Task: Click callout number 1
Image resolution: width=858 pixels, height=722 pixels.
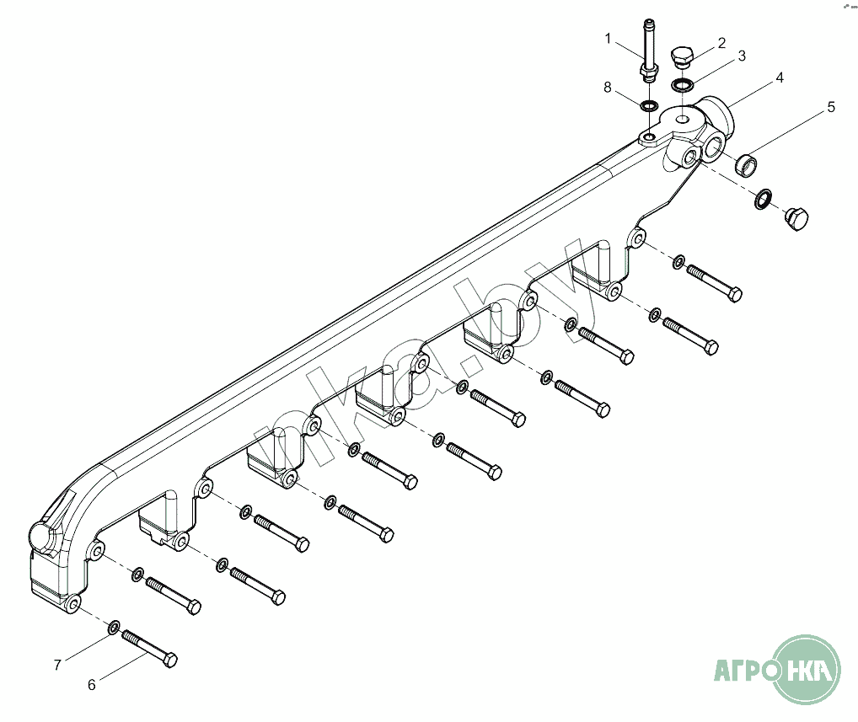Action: (x=608, y=39)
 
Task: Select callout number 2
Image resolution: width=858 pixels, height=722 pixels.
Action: (x=721, y=43)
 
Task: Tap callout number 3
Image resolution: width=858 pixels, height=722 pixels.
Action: (x=742, y=56)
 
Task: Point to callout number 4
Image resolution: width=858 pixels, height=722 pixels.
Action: (x=780, y=78)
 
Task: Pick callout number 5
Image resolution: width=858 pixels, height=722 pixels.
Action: (x=831, y=107)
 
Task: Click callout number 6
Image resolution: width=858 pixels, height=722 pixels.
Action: (x=92, y=685)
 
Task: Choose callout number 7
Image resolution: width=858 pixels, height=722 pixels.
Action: (x=57, y=665)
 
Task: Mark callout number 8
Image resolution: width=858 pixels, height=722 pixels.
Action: (x=608, y=88)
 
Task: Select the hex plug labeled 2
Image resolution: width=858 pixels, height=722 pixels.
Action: (x=682, y=57)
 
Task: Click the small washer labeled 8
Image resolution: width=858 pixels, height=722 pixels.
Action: (x=648, y=104)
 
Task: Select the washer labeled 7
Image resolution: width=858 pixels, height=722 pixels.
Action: (x=114, y=627)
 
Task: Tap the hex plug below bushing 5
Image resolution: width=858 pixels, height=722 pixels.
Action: (x=796, y=219)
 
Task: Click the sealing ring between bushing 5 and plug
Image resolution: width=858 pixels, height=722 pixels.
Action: (x=764, y=199)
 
